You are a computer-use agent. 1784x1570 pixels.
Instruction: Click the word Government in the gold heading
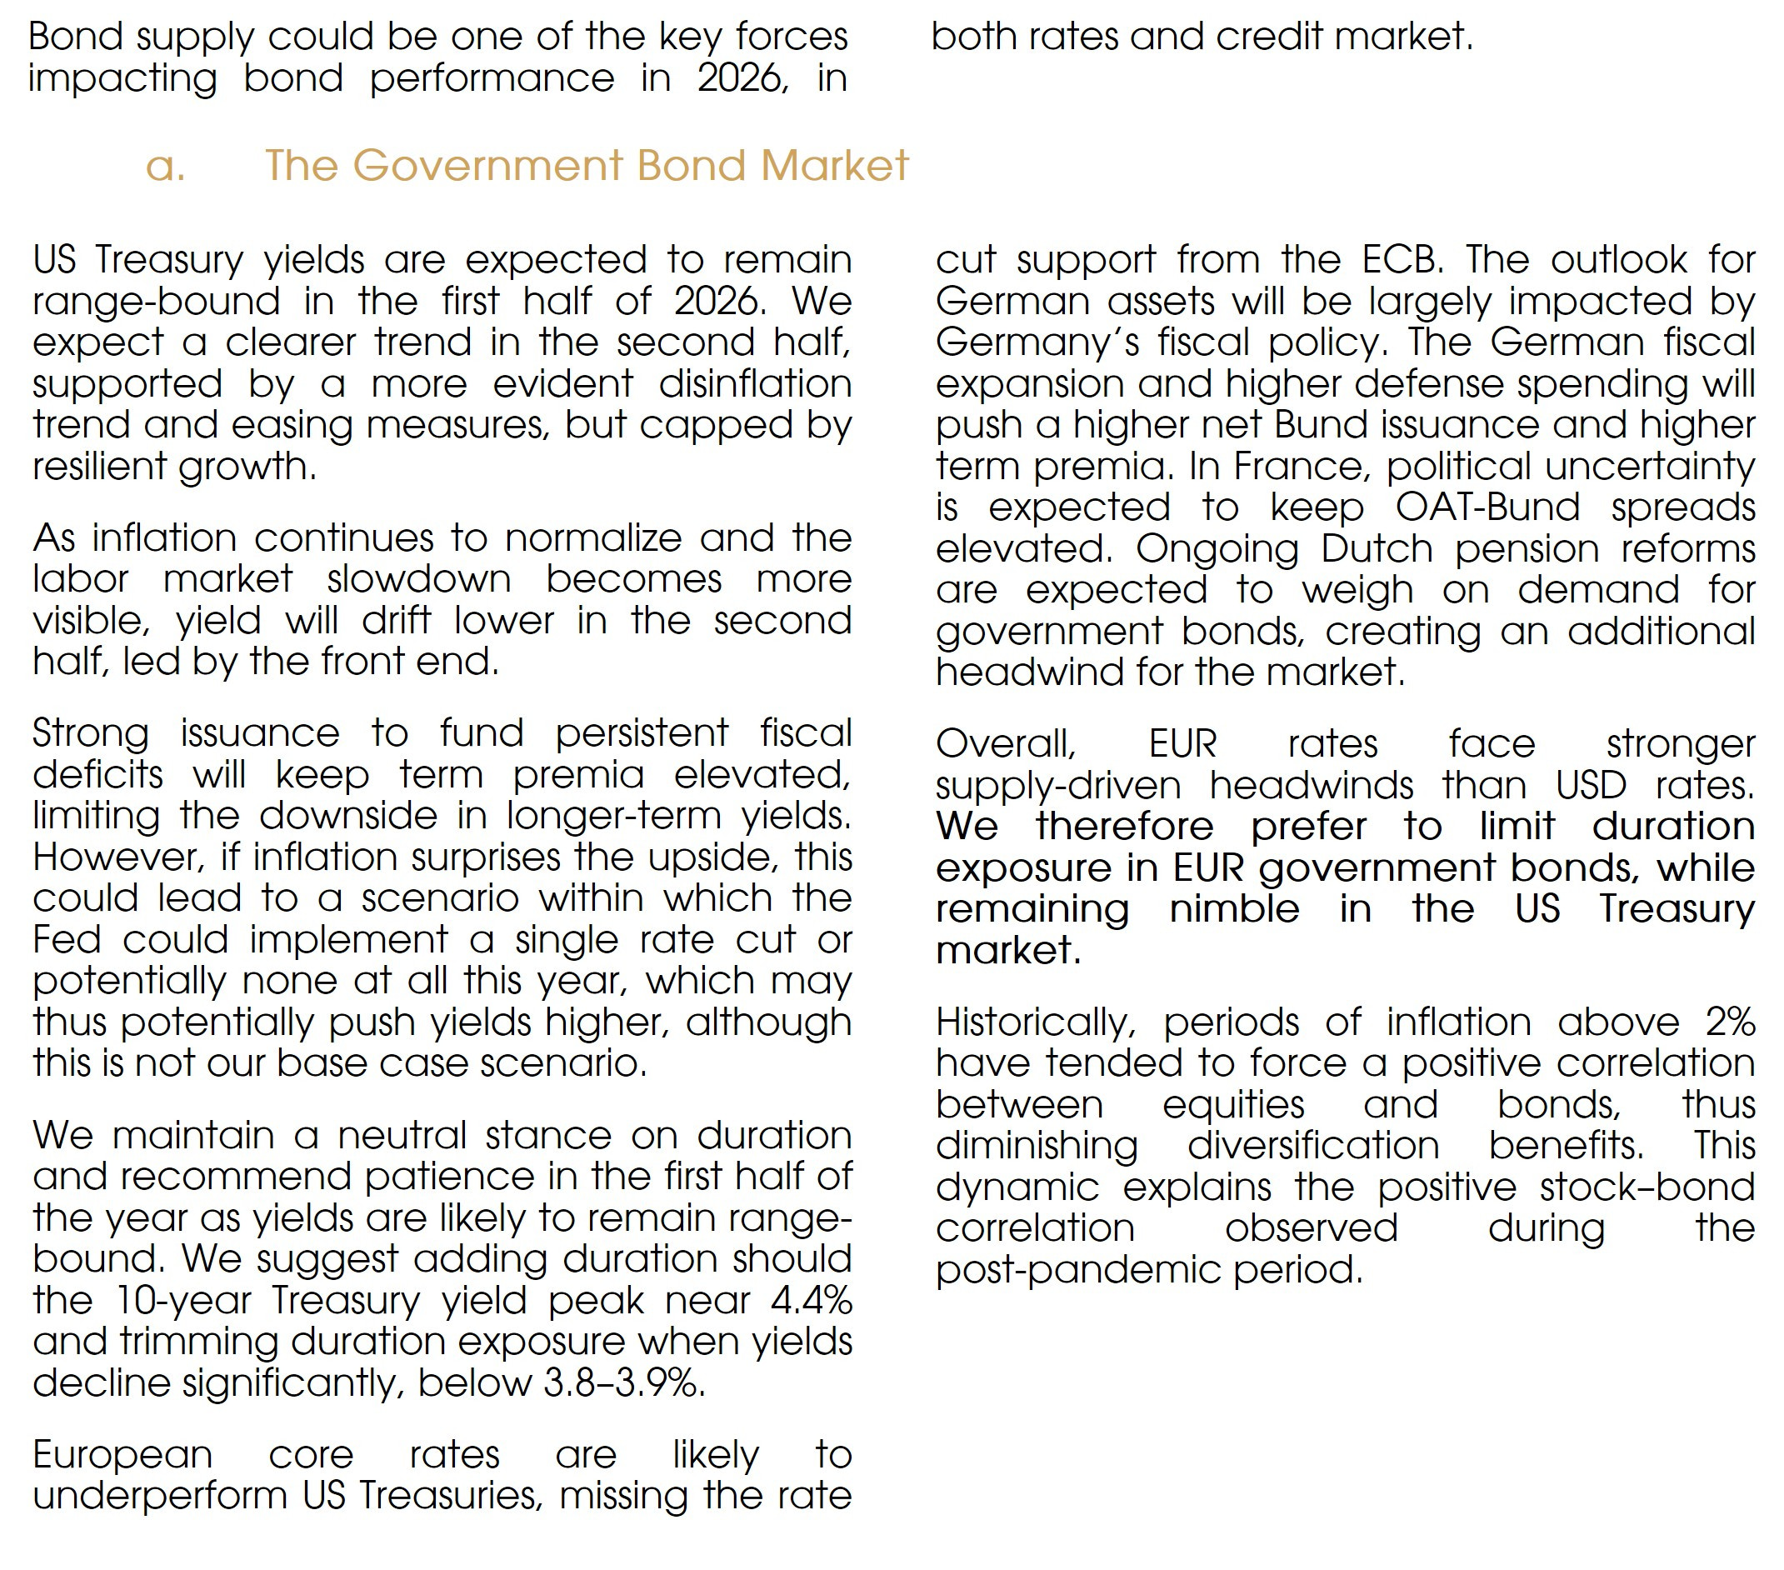(488, 165)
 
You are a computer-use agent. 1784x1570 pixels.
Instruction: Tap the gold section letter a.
(165, 165)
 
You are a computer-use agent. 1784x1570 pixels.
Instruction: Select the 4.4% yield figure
(811, 1300)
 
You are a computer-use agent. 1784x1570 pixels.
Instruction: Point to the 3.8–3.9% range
(623, 1382)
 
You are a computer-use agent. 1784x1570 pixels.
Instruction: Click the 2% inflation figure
(1730, 1021)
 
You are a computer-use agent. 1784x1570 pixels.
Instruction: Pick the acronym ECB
(1400, 259)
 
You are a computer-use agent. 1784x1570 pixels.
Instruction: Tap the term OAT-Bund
(1487, 507)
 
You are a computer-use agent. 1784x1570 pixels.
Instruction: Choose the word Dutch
(1377, 549)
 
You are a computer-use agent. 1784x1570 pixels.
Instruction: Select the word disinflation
(755, 384)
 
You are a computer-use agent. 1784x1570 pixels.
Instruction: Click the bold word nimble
(1234, 908)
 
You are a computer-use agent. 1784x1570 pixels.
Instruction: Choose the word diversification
(1312, 1145)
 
